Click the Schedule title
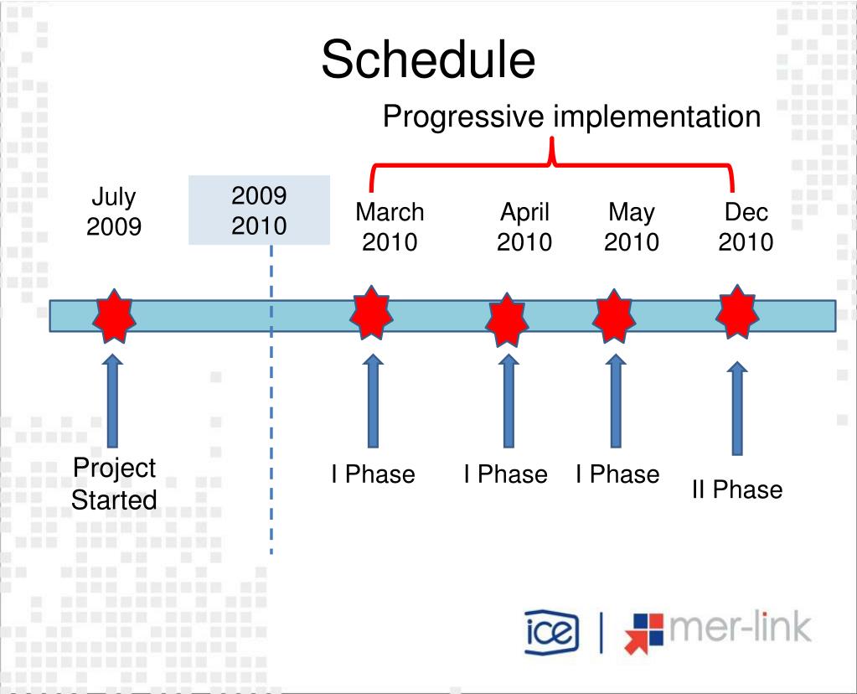coord(428,59)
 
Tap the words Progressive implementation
coord(571,117)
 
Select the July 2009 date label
coord(114,211)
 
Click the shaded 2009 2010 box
coord(259,210)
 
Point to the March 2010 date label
coord(390,226)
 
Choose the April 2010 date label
coord(524,226)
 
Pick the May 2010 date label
coord(632,226)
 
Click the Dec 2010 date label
coord(746,226)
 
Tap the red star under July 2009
coord(114,316)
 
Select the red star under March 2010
coord(371,313)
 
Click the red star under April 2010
coord(507,320)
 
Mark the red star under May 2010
coord(614,316)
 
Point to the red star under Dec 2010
coord(737,313)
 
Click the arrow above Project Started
coord(112,401)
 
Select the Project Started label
coord(114,484)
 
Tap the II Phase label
coord(736,489)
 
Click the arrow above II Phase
coord(737,408)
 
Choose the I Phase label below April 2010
coord(505,474)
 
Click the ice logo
coord(551,632)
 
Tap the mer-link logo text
coord(740,627)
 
